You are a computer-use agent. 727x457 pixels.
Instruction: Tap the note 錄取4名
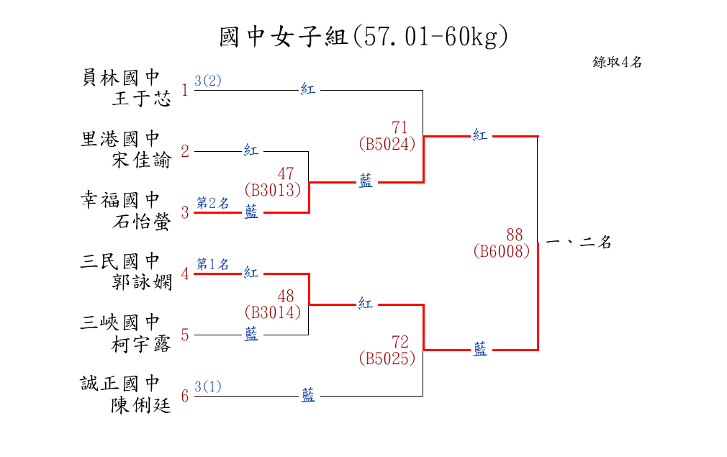click(617, 62)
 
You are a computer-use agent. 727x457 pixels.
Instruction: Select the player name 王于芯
click(142, 99)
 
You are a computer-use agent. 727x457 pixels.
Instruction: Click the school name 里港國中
click(120, 138)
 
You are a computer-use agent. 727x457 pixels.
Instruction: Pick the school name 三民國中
click(120, 261)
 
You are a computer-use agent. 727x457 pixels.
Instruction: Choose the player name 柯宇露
click(142, 345)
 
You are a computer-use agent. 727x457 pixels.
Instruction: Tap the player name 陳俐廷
click(142, 406)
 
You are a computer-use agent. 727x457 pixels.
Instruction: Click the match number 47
click(285, 173)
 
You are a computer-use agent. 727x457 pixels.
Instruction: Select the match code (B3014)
click(272, 312)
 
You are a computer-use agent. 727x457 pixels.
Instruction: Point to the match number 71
click(399, 127)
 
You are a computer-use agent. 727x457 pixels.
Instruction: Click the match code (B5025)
click(387, 358)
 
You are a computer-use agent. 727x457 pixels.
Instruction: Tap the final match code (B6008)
click(502, 250)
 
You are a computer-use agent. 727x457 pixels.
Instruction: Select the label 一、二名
click(579, 243)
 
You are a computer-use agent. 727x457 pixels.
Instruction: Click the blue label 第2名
click(212, 203)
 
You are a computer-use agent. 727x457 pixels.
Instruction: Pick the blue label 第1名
click(212, 264)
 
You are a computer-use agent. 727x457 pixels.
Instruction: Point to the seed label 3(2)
click(208, 81)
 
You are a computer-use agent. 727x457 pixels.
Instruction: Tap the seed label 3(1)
click(208, 386)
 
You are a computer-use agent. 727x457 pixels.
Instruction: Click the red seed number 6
click(185, 397)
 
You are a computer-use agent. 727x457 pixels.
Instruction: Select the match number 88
click(514, 235)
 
